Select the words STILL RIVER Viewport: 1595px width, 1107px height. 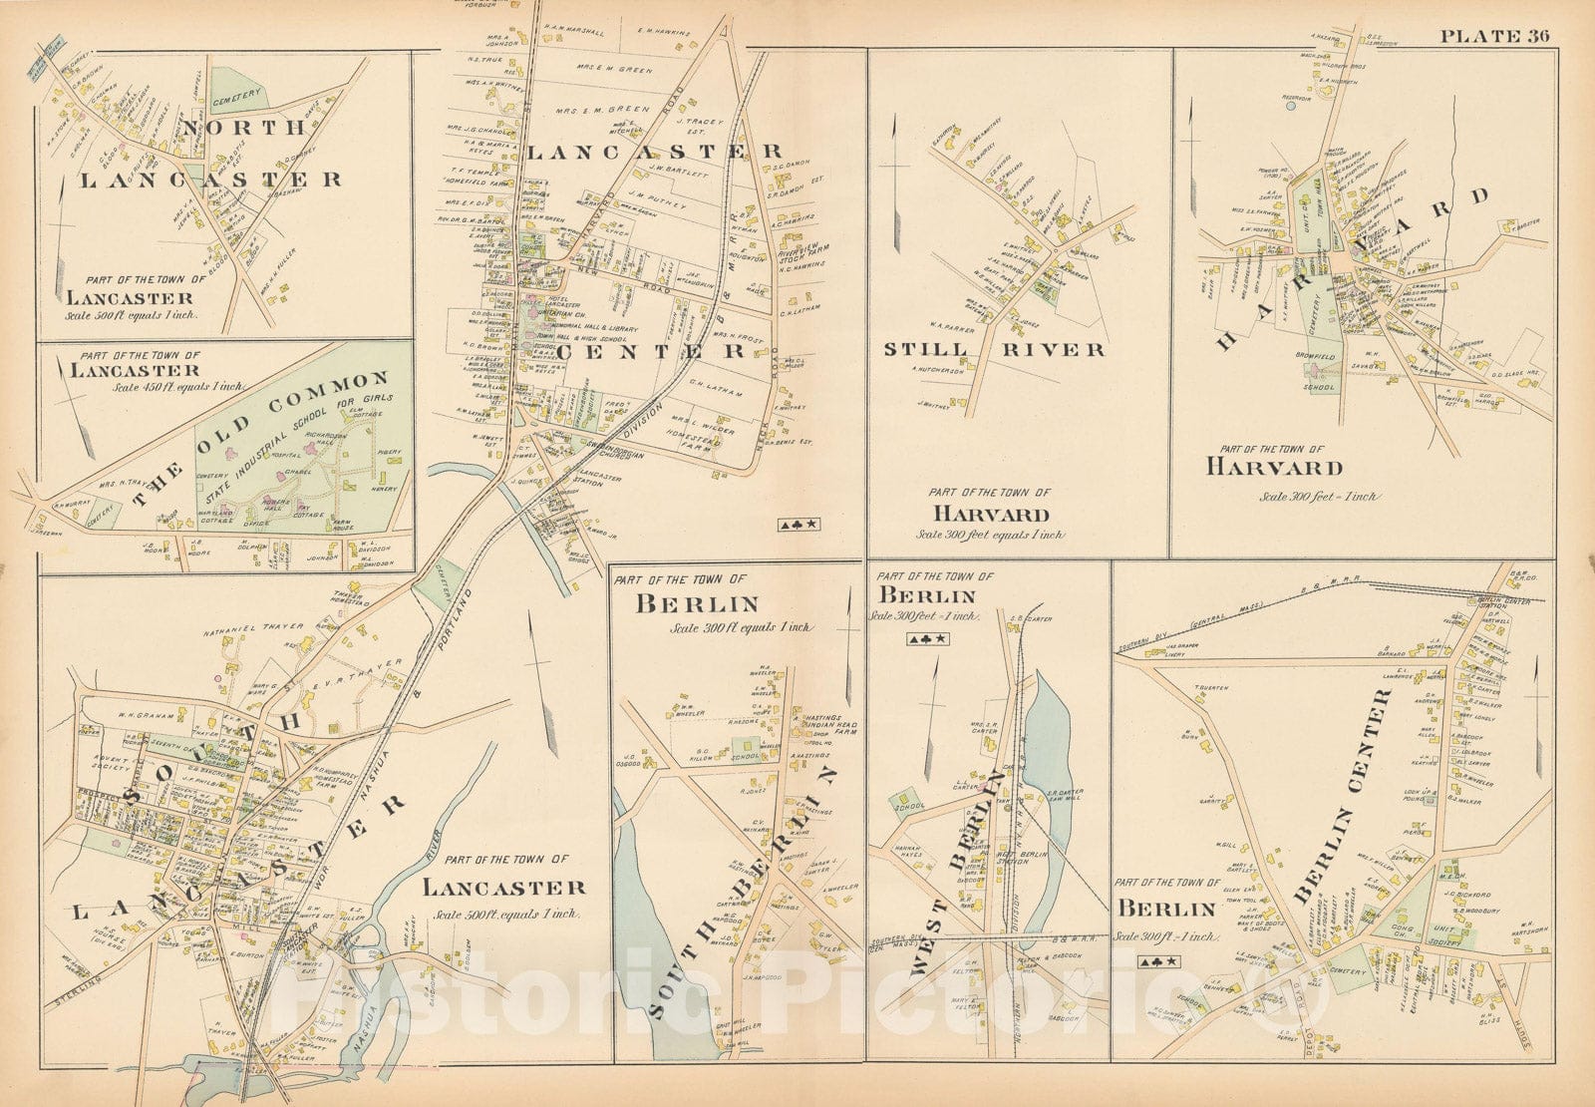pyautogui.click(x=995, y=349)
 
